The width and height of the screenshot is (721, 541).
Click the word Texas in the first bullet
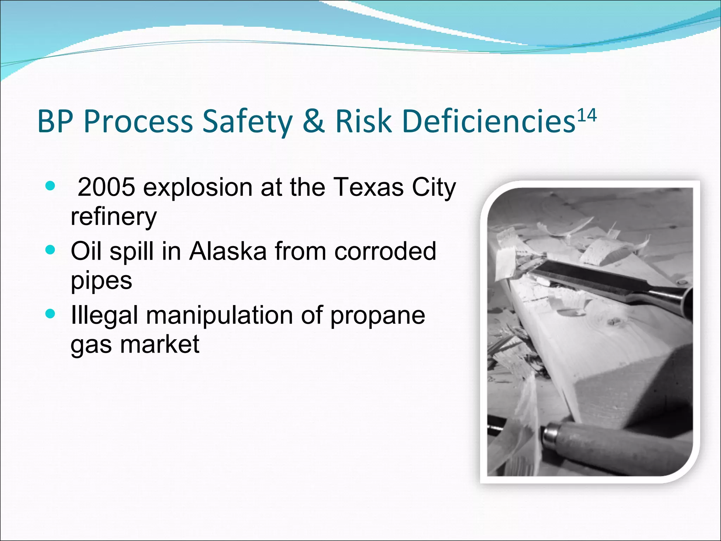click(x=368, y=187)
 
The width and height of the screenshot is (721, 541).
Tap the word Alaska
click(x=228, y=251)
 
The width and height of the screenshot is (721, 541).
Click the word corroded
click(x=385, y=251)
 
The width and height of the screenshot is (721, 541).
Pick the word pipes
click(x=101, y=281)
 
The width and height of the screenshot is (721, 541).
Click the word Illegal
click(x=104, y=315)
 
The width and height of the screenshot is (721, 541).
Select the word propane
click(x=377, y=315)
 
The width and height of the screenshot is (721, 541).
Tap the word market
click(x=160, y=344)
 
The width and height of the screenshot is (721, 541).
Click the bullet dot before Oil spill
click(x=51, y=250)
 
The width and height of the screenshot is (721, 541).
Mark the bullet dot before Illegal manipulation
click(x=51, y=313)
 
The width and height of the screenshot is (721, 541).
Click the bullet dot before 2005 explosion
click(x=51, y=186)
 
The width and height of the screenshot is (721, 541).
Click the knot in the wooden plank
click(x=614, y=321)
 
